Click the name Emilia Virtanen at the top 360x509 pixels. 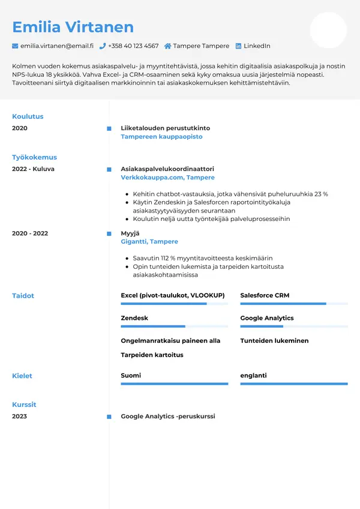pyautogui.click(x=73, y=27)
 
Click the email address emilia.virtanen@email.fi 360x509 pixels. pyautogui.click(x=56, y=46)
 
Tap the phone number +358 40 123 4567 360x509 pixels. pyautogui.click(x=133, y=46)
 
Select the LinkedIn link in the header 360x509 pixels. pyautogui.click(x=256, y=46)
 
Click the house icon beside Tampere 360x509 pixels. pyautogui.click(x=167, y=46)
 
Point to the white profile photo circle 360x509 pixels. pyautogui.click(x=328, y=30)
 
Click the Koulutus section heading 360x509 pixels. pyautogui.click(x=28, y=116)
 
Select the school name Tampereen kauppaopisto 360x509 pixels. pyautogui.click(x=161, y=137)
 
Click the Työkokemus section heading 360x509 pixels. pyautogui.click(x=34, y=157)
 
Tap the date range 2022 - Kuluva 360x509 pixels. pyautogui.click(x=33, y=169)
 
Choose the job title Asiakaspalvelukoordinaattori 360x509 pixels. pyautogui.click(x=167, y=169)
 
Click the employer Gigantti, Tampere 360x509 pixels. pyautogui.click(x=149, y=242)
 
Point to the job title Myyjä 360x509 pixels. pyautogui.click(x=130, y=233)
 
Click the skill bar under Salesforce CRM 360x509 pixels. pyautogui.click(x=293, y=304)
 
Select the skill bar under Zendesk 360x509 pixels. pyautogui.click(x=174, y=327)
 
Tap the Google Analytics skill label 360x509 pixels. pyautogui.click(x=266, y=318)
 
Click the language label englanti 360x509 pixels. pyautogui.click(x=253, y=376)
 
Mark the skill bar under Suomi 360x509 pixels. pyautogui.click(x=174, y=384)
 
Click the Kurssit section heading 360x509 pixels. pyautogui.click(x=24, y=405)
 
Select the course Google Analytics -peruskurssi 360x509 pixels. pyautogui.click(x=167, y=417)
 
